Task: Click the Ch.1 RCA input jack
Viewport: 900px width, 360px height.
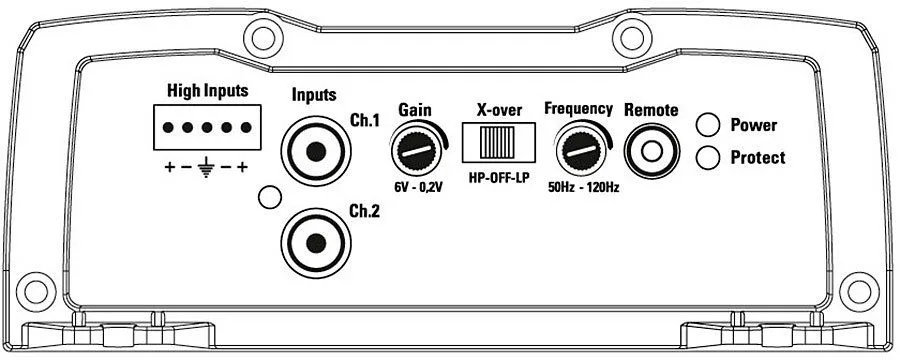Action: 316,152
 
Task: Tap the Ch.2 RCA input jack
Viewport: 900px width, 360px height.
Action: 316,243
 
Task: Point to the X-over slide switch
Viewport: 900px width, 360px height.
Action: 499,142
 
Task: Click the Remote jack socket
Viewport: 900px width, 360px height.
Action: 651,152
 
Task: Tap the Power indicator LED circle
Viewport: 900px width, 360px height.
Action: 708,125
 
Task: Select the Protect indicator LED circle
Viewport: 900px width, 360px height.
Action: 708,157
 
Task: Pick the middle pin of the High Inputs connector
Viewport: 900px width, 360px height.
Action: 207,127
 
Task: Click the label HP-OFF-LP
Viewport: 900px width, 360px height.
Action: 499,175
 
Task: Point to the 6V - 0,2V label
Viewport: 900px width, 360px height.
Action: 417,187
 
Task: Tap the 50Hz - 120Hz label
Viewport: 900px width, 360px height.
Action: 583,187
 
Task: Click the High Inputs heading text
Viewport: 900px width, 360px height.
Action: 208,91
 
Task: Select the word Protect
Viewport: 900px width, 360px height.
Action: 758,158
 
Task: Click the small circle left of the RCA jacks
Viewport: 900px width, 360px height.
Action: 270,197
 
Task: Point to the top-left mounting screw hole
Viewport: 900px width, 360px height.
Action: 263,38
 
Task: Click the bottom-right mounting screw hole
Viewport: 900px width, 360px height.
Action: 859,292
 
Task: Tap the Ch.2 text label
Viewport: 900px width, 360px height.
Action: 364,211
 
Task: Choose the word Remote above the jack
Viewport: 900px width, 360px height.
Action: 651,110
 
